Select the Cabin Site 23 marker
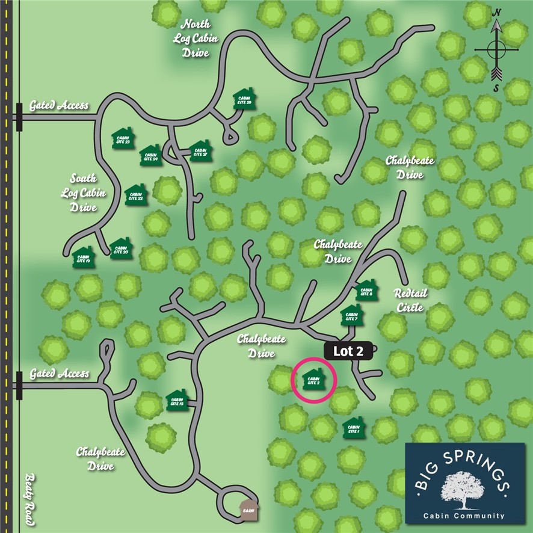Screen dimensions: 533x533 (123, 138)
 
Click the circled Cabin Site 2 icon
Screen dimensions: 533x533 (313, 379)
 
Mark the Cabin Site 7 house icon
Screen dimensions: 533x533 (352, 315)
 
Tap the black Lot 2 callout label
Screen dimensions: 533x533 (350, 352)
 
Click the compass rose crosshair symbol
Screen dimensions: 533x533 (496, 50)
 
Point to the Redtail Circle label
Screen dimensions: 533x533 (410, 299)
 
